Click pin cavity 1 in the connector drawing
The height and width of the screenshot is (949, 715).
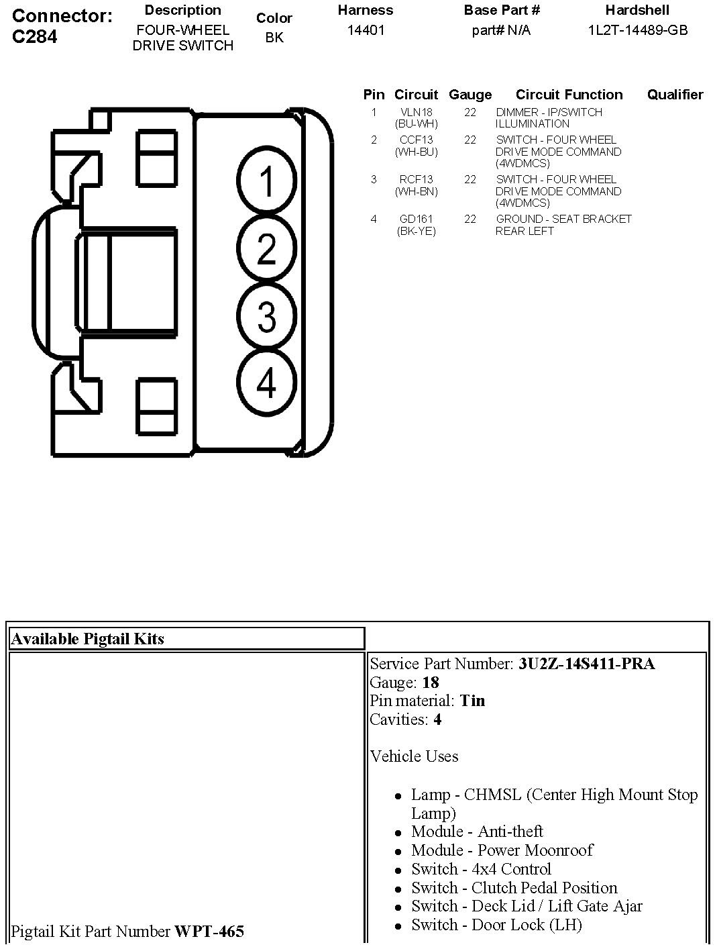pyautogui.click(x=266, y=181)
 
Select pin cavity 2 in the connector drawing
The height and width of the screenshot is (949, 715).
pyautogui.click(x=266, y=248)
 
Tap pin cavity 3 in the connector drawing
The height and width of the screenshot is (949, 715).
pyautogui.click(x=266, y=316)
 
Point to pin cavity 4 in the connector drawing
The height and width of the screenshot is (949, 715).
pyautogui.click(x=266, y=383)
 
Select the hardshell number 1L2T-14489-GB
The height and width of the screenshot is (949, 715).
pyautogui.click(x=638, y=30)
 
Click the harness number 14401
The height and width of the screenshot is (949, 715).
pyautogui.click(x=366, y=30)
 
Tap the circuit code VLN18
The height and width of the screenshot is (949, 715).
pyautogui.click(x=417, y=113)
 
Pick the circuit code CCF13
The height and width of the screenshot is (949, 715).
pyautogui.click(x=417, y=140)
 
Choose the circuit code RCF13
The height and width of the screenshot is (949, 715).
pyautogui.click(x=417, y=180)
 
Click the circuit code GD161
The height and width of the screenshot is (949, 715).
pyautogui.click(x=417, y=219)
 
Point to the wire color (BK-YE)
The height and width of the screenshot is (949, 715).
pyautogui.click(x=417, y=232)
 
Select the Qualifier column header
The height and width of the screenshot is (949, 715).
pyautogui.click(x=675, y=95)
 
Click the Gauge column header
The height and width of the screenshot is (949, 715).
pyautogui.click(x=470, y=95)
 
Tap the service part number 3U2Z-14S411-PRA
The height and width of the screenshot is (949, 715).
pyautogui.click(x=586, y=664)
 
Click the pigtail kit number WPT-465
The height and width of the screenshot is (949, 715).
pyautogui.click(x=209, y=932)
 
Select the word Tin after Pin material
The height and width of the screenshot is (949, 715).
pyautogui.click(x=472, y=701)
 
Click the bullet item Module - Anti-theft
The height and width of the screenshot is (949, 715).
pyautogui.click(x=477, y=832)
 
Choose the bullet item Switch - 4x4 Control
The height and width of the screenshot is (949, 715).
pyautogui.click(x=481, y=869)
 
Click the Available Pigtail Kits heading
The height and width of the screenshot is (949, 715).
pyautogui.click(x=87, y=639)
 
